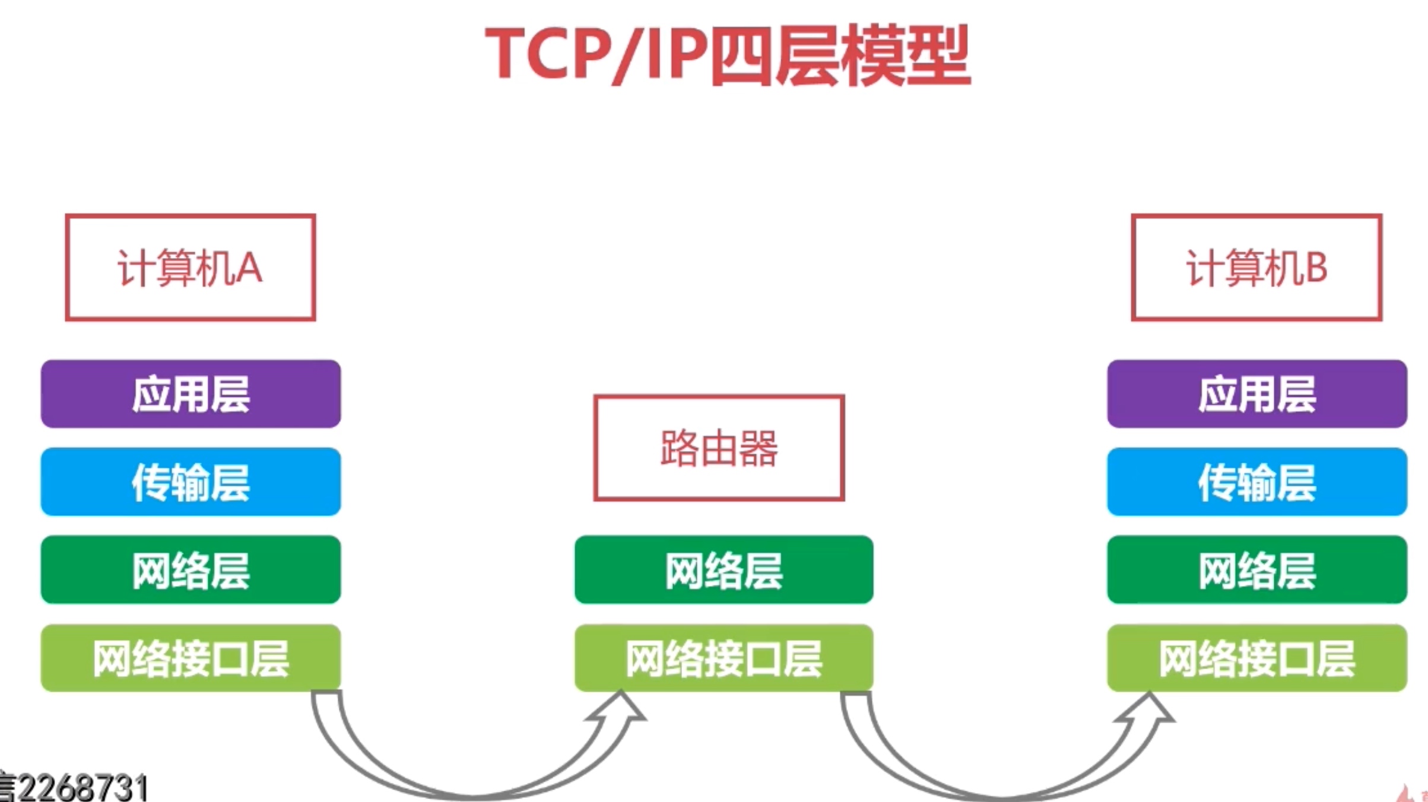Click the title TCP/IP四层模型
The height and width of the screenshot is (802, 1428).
click(727, 55)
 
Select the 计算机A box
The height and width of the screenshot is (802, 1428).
click(190, 268)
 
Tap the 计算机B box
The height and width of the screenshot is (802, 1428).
click(1256, 268)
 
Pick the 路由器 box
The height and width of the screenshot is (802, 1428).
click(719, 448)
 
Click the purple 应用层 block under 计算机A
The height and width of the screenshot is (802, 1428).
click(191, 394)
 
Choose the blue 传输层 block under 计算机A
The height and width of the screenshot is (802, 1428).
click(191, 482)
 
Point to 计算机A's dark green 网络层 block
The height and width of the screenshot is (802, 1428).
click(191, 569)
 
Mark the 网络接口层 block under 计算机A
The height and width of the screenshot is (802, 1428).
click(191, 658)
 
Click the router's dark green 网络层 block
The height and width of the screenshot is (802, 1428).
click(723, 569)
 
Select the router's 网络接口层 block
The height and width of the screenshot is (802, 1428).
click(723, 658)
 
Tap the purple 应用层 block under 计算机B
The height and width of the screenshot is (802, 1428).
click(1257, 394)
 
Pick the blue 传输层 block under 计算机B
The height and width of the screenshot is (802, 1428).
click(1257, 482)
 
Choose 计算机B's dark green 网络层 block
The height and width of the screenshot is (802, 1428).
click(1257, 569)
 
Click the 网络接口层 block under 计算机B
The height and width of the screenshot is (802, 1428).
click(1257, 658)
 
